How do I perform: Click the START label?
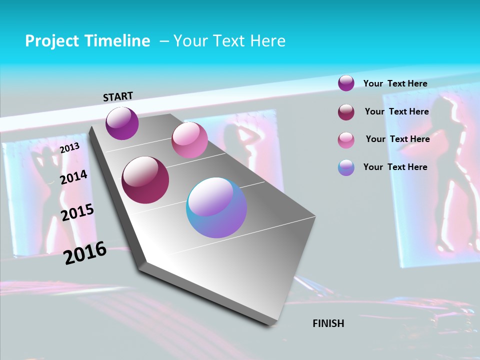(x=118, y=96)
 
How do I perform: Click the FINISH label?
(x=328, y=323)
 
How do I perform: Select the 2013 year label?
(x=70, y=148)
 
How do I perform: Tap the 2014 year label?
(x=74, y=177)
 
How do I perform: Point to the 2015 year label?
(x=77, y=212)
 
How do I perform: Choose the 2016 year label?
(x=85, y=253)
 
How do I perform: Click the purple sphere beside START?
(x=122, y=123)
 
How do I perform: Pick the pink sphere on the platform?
(x=189, y=140)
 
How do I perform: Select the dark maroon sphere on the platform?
(x=145, y=179)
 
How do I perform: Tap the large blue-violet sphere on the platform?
(x=216, y=207)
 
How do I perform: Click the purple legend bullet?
(x=346, y=83)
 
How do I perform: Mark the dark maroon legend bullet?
(x=346, y=112)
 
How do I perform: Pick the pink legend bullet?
(x=346, y=139)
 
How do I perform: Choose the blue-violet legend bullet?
(x=346, y=167)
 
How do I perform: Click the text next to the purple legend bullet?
(x=395, y=83)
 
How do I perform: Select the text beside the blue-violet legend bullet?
(x=395, y=167)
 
